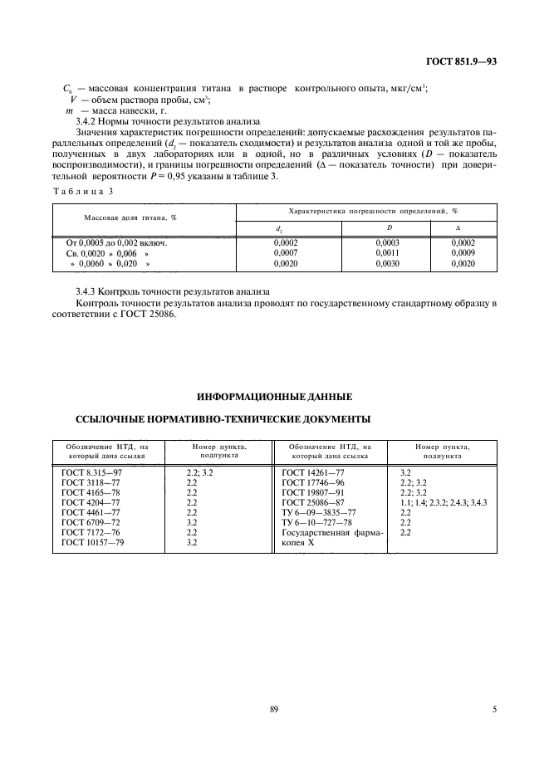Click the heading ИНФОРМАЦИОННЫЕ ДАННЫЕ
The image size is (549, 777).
(x=273, y=396)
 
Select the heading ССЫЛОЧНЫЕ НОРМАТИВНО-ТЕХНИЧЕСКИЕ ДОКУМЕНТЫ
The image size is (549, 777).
(x=223, y=419)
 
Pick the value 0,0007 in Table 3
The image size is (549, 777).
(x=285, y=252)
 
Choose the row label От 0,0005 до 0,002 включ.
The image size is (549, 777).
(x=116, y=242)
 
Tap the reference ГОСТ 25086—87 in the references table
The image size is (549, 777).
(x=314, y=501)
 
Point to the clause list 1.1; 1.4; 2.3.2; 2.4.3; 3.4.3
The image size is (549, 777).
(x=444, y=501)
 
